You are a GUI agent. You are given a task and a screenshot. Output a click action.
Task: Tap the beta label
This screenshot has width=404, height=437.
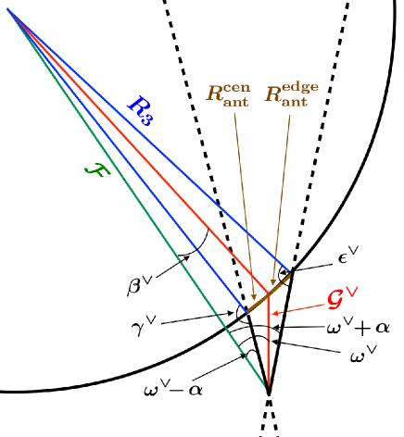point(141,282)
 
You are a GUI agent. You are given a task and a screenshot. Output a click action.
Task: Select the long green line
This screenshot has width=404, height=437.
point(139,204)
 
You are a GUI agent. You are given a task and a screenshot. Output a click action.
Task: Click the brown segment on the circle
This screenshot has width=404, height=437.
point(268,291)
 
